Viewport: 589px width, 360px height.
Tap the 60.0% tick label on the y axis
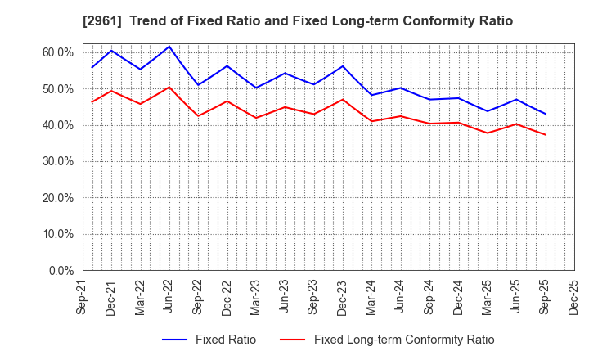[57, 52]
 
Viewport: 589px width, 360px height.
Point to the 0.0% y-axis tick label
[61, 270]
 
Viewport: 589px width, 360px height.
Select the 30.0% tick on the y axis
[57, 161]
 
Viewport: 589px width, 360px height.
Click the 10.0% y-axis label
[57, 234]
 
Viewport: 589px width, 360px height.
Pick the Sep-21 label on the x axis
[83, 298]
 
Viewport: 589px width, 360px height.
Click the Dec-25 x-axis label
[574, 298]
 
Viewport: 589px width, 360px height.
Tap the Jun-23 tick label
[285, 298]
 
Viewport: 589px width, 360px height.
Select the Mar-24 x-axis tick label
[371, 298]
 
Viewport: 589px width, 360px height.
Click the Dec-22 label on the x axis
[227, 298]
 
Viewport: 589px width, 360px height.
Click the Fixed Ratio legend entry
[225, 340]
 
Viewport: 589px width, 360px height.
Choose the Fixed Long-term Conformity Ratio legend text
[404, 340]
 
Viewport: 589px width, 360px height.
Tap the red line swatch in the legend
[292, 340]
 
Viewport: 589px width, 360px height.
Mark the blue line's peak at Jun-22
[169, 46]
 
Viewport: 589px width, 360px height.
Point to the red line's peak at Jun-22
[169, 87]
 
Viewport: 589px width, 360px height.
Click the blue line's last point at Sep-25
[546, 114]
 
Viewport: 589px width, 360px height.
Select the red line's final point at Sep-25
[546, 135]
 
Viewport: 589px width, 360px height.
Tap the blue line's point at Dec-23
[343, 65]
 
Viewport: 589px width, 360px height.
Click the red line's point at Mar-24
[371, 121]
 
